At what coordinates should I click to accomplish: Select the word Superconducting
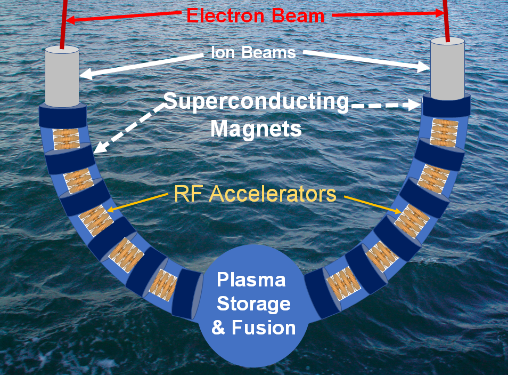coord(257,102)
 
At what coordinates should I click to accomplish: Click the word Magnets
coord(256,129)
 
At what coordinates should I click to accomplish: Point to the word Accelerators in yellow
coord(272,194)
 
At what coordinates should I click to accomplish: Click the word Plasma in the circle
coord(251,280)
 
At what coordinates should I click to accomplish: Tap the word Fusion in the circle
coord(264,328)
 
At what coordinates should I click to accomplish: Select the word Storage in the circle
coord(253,304)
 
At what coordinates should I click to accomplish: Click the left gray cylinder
coord(62,76)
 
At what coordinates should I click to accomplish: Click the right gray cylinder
coord(447,69)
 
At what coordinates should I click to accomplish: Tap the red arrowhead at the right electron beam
coord(439,13)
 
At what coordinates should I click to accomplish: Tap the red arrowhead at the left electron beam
coord(70,20)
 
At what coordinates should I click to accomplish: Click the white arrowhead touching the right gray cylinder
coord(423,67)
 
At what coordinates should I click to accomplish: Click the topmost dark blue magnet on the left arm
coord(63,116)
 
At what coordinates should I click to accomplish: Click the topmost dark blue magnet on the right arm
coord(446,106)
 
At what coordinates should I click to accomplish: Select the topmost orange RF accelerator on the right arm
coord(444,133)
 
